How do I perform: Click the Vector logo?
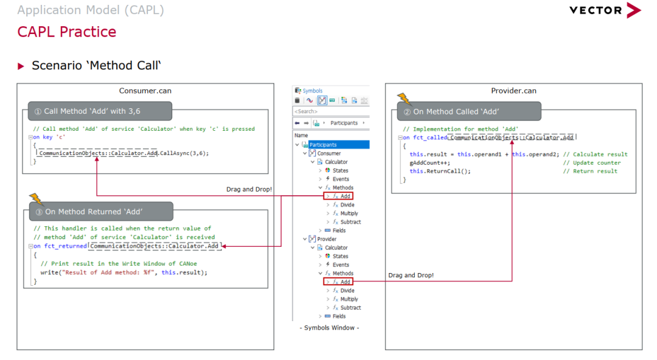(x=605, y=10)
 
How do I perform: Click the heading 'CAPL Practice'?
(x=67, y=32)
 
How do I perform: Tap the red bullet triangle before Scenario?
(x=21, y=66)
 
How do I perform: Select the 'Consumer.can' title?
(x=145, y=91)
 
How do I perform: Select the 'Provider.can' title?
(x=513, y=91)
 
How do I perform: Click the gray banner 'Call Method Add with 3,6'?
(x=100, y=111)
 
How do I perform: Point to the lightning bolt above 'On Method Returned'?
(x=36, y=199)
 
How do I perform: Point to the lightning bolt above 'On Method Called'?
(x=405, y=99)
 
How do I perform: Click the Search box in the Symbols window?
(x=331, y=111)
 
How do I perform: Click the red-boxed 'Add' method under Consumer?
(x=338, y=196)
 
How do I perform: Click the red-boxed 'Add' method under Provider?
(x=338, y=282)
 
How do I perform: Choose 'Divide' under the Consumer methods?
(x=347, y=205)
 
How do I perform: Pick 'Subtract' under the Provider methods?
(x=350, y=308)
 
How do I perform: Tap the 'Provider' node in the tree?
(x=327, y=240)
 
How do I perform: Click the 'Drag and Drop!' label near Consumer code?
(x=249, y=190)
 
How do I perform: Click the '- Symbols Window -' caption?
(x=329, y=328)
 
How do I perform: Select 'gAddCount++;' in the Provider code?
(x=430, y=163)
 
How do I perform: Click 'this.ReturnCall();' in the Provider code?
(x=440, y=171)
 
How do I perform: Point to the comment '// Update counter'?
(x=592, y=163)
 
